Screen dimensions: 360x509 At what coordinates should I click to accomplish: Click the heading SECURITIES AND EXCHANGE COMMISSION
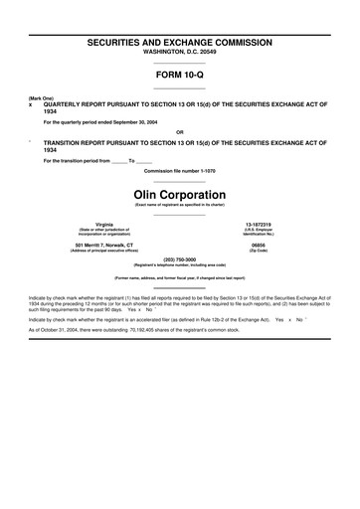point(180,45)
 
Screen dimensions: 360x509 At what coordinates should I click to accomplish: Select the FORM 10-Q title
point(180,75)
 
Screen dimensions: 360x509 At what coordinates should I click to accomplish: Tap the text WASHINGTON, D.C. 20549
point(180,55)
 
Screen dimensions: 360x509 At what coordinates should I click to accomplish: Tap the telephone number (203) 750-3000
point(180,258)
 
